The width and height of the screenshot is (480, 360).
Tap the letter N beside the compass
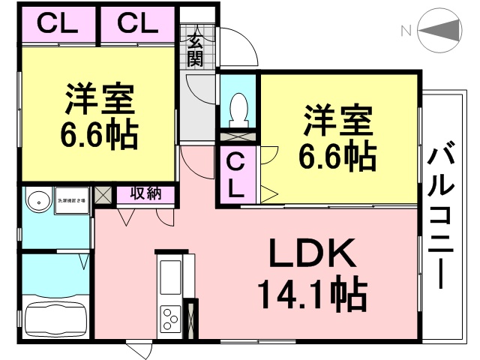(406, 31)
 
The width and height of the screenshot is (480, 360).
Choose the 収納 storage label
(145, 194)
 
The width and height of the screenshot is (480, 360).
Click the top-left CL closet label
(57, 24)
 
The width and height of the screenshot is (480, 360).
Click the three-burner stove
(170, 319)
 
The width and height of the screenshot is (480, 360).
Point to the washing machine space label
(73, 200)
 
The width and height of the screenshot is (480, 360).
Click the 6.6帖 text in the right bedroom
(337, 156)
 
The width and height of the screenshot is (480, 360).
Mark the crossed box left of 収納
(104, 194)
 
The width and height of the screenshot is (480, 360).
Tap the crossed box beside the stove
(190, 319)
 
